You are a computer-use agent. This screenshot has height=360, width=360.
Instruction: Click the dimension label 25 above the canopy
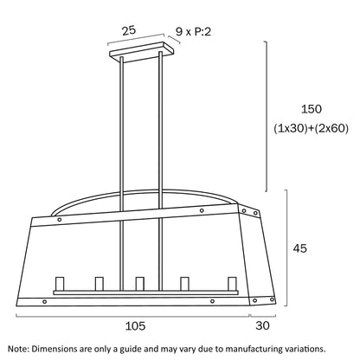point(129,30)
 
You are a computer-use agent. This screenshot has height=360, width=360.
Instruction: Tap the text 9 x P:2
point(193,31)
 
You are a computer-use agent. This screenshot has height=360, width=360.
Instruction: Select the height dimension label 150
point(312,109)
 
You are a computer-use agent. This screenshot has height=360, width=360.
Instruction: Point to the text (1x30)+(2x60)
point(311,128)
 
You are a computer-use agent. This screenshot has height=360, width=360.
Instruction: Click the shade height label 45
point(300,248)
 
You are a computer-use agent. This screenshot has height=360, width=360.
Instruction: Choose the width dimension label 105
point(135,326)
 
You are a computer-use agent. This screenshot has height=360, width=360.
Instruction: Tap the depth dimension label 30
point(262,325)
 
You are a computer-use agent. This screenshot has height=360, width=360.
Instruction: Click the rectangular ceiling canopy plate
point(142,52)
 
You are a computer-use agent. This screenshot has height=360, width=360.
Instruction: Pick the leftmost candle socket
point(60,284)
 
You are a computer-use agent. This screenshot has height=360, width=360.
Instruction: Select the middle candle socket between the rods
point(140,284)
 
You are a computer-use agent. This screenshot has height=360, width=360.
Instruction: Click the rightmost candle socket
point(232,284)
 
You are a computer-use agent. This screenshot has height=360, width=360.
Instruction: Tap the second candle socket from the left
point(100,284)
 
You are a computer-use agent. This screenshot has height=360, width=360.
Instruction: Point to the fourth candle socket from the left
point(184,284)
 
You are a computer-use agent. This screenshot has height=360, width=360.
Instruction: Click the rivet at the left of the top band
point(60,220)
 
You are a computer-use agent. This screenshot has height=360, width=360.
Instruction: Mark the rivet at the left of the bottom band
point(44,302)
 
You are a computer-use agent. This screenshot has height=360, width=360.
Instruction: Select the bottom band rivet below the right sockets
point(212,301)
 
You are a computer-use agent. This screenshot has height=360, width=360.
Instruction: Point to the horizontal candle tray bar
point(145,292)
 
